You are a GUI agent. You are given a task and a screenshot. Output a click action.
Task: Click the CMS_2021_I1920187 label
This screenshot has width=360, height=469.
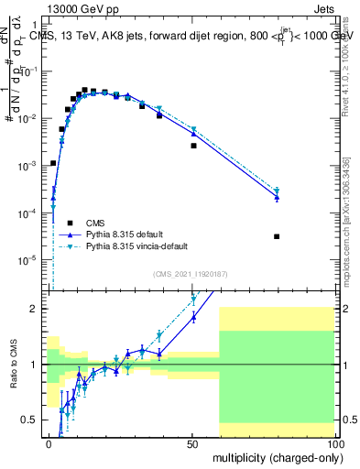click(191, 273)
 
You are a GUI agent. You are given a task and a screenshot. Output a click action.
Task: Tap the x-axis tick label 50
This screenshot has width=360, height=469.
click(191, 443)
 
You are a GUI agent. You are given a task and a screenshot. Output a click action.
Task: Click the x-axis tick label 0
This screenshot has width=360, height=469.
click(49, 443)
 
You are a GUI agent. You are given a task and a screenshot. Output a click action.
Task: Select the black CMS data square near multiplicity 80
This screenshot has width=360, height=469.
click(277, 236)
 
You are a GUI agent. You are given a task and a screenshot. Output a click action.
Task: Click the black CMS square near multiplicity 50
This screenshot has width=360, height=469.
click(193, 146)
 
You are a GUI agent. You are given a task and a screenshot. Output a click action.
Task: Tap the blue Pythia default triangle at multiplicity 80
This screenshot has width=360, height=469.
click(277, 197)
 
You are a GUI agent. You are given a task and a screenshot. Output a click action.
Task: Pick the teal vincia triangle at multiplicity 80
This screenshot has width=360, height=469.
click(277, 191)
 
